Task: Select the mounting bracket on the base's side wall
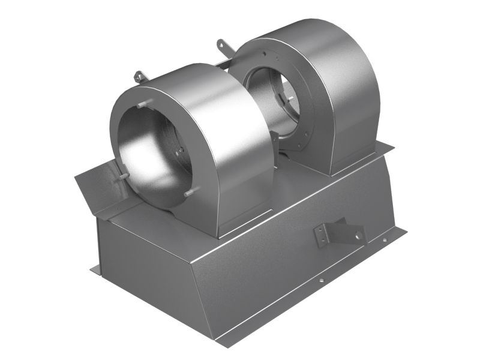click(339, 234)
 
